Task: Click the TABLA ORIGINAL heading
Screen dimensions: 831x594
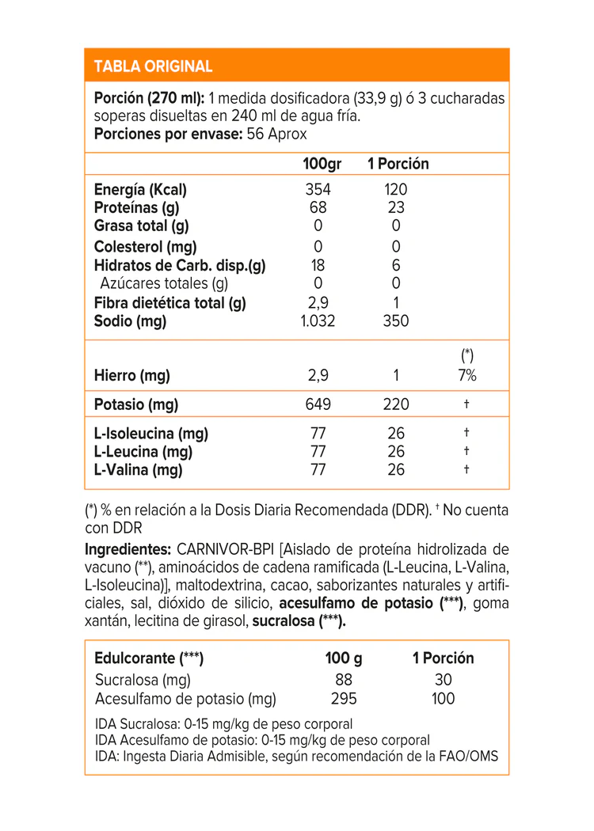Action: (153, 66)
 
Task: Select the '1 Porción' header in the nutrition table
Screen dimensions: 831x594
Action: (398, 164)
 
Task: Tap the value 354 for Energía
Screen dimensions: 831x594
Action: (318, 190)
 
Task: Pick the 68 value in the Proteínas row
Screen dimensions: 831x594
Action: (318, 208)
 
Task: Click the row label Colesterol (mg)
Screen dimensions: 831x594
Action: (146, 247)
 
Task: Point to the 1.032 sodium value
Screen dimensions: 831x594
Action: (318, 321)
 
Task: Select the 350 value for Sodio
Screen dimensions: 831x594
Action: (396, 321)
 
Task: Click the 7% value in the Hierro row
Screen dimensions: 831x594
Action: (466, 376)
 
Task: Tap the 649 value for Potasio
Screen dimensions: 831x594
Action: (318, 404)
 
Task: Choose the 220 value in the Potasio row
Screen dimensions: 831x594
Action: (396, 404)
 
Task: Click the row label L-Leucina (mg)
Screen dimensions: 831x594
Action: (143, 452)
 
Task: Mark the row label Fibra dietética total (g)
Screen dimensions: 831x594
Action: (170, 302)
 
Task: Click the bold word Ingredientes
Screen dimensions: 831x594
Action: (128, 549)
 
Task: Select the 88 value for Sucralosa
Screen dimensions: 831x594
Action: (344, 680)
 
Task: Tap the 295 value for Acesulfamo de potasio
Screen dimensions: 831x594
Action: (344, 699)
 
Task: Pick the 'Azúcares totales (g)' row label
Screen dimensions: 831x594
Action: (164, 283)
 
